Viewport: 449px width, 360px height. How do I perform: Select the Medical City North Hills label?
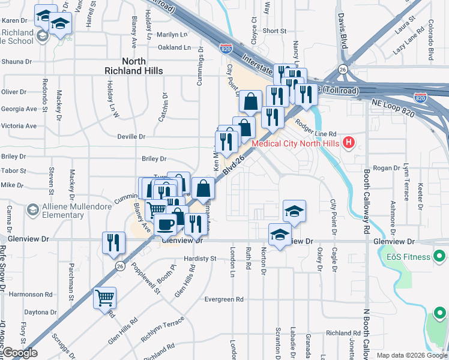pyautogui.click(x=295, y=143)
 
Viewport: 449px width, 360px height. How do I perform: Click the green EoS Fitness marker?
pyautogui.click(x=439, y=257)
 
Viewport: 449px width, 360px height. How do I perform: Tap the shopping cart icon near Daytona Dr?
pyautogui.click(x=104, y=297)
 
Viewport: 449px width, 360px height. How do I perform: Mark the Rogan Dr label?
pyautogui.click(x=382, y=169)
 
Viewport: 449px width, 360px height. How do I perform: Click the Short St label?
pyautogui.click(x=274, y=31)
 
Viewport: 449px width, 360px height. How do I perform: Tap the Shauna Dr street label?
pyautogui.click(x=16, y=61)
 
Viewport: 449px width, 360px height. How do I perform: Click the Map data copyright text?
pyautogui.click(x=411, y=355)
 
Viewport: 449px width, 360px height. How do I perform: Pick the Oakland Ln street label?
pyautogui.click(x=173, y=47)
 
